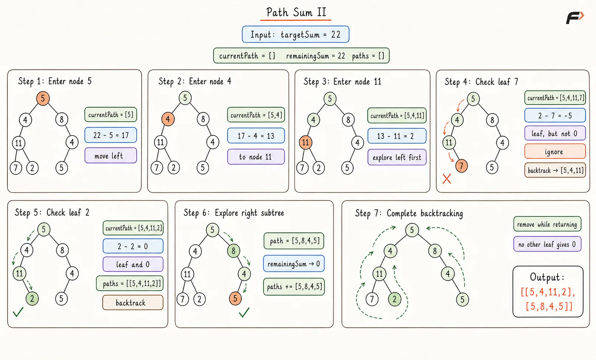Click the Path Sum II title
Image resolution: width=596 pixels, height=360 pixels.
click(x=296, y=13)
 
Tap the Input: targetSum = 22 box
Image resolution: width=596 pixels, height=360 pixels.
click(x=296, y=34)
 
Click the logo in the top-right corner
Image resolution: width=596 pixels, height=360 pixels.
click(x=575, y=18)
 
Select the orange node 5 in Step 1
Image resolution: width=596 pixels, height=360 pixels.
click(x=43, y=98)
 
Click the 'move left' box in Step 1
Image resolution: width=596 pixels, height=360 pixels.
click(x=111, y=155)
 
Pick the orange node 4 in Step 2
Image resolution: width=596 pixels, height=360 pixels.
click(x=168, y=119)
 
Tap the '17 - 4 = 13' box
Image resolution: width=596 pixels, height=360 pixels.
click(x=256, y=136)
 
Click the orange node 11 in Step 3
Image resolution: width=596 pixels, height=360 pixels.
click(x=305, y=143)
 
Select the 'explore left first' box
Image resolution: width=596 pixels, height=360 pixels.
click(x=397, y=157)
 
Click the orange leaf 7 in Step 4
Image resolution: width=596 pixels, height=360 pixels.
click(x=461, y=166)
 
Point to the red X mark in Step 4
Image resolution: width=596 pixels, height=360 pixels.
click(x=447, y=179)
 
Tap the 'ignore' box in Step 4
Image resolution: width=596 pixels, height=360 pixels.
click(x=555, y=151)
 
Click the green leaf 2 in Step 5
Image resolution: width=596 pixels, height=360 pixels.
click(x=32, y=299)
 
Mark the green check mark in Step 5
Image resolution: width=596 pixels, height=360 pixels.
click(x=18, y=312)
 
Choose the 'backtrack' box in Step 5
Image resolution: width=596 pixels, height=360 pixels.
click(x=133, y=302)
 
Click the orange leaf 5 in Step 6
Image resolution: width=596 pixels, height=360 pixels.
click(x=235, y=298)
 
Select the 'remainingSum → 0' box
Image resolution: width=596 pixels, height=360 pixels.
click(x=294, y=264)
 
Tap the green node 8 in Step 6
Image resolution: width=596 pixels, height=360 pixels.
click(x=233, y=251)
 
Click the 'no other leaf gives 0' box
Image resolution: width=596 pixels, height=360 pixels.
click(x=547, y=244)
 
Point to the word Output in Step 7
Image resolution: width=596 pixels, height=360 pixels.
click(x=546, y=277)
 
